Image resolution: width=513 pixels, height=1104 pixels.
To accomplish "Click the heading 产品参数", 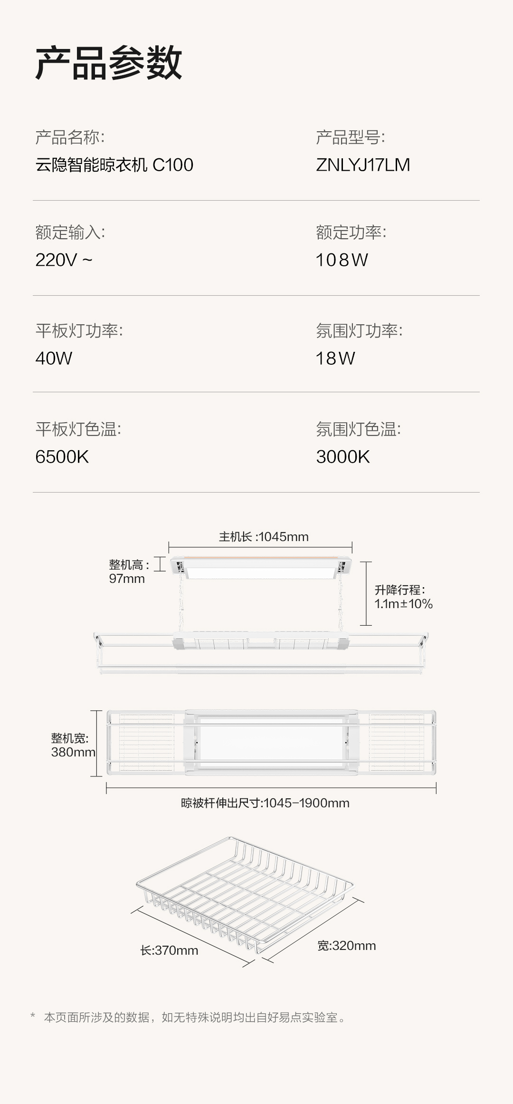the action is click(109, 63).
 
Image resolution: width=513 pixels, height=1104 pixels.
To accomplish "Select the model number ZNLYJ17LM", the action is click(363, 165).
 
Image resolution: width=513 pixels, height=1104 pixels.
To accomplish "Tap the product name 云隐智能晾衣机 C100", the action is click(114, 165).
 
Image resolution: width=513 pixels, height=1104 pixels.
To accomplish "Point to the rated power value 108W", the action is click(342, 260).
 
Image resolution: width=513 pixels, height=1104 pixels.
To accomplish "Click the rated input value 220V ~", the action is click(64, 260).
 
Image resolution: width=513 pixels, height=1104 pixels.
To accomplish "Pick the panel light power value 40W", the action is click(54, 358).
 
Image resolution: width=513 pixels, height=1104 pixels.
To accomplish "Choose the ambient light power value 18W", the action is click(335, 358).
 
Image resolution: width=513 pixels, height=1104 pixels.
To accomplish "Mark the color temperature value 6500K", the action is click(62, 457).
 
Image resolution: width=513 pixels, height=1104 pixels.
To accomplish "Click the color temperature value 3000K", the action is click(343, 457).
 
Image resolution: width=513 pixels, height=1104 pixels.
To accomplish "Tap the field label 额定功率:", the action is click(351, 232).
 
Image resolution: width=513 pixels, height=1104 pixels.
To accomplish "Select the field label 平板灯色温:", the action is click(78, 429).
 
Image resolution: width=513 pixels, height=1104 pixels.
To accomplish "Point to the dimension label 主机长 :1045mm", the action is click(264, 537).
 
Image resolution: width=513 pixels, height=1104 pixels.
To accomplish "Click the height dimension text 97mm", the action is click(127, 579).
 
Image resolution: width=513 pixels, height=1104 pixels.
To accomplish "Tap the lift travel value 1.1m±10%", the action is click(403, 604).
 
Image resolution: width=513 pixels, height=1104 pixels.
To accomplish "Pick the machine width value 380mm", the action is click(73, 752).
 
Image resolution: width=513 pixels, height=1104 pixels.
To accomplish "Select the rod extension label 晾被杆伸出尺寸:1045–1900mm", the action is click(265, 803).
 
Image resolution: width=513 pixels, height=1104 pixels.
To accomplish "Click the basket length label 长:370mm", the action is click(169, 950).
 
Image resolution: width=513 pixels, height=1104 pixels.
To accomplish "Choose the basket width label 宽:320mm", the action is click(347, 946).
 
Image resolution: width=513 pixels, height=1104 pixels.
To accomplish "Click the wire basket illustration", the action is click(245, 896).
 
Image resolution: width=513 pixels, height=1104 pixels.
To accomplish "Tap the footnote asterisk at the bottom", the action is click(33, 1016).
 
